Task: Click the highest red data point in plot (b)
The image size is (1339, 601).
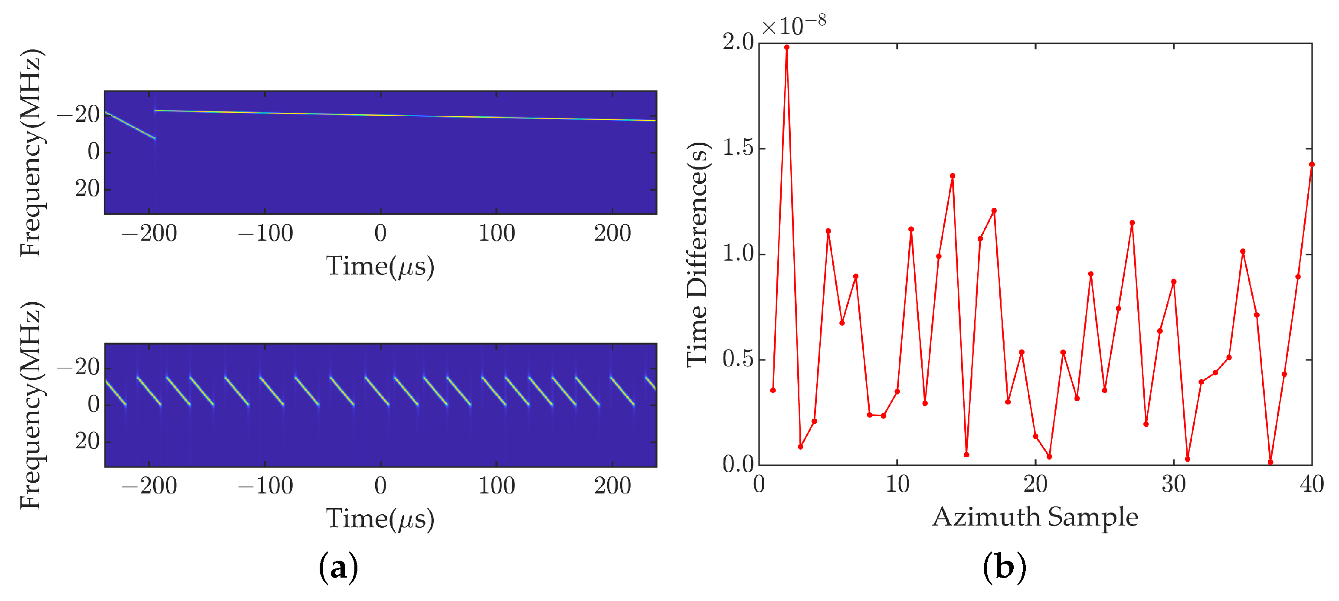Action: tap(786, 47)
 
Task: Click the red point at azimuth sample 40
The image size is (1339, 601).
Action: tap(1311, 165)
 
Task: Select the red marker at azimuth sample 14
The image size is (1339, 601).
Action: tap(952, 176)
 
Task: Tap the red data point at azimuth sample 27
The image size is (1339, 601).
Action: tap(1132, 223)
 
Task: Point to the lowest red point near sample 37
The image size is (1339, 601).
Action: tap(1270, 462)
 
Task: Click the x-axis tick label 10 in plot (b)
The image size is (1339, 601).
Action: tap(897, 485)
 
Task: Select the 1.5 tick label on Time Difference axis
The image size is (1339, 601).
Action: tap(738, 149)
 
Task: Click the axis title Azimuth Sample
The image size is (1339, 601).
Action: tap(1035, 517)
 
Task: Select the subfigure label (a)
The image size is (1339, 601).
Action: tap(338, 568)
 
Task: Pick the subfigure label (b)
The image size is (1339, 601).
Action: tap(1004, 568)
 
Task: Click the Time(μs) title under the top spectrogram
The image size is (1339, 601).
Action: tap(380, 267)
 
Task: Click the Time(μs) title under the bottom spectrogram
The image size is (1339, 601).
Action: tap(380, 519)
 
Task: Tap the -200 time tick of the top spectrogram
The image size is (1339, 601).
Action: tap(149, 234)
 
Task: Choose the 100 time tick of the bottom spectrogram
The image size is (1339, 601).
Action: tap(496, 486)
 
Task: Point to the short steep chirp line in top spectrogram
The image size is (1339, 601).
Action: tap(130, 125)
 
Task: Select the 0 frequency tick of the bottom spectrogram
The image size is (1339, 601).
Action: tap(94, 405)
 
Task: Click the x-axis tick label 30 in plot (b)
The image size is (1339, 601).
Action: tap(1174, 485)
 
